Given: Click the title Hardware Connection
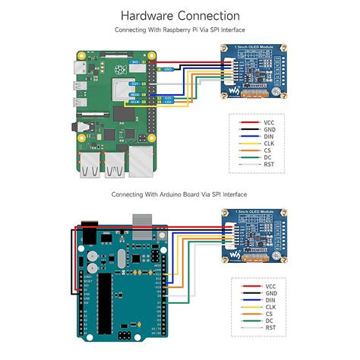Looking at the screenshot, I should [x=180, y=15].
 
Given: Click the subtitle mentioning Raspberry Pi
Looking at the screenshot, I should [x=180, y=30].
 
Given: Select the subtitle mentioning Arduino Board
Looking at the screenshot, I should [x=180, y=194].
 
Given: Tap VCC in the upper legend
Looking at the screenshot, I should [x=269, y=122].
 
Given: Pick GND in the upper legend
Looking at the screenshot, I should [x=269, y=131].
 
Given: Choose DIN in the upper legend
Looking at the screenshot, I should [x=269, y=139].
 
